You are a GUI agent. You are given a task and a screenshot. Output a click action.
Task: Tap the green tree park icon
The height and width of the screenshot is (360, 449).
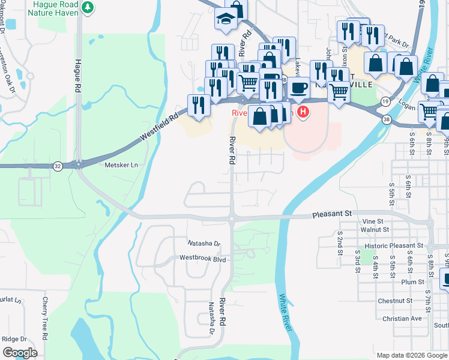tap(88, 7)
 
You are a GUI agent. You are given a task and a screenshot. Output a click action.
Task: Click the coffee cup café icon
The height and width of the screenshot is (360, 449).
tap(298, 88)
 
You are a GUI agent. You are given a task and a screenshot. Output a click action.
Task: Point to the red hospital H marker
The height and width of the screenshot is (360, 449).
tap(304, 112)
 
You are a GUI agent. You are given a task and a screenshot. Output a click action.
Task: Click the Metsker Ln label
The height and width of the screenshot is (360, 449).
tap(121, 165)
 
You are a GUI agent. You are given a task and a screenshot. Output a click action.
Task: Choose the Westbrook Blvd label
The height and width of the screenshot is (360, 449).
tap(203, 259)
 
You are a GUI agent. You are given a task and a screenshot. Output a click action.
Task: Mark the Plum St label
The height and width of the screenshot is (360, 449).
tap(413, 281)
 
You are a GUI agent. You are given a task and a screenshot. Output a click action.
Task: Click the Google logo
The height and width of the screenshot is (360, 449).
tap(20, 352)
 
